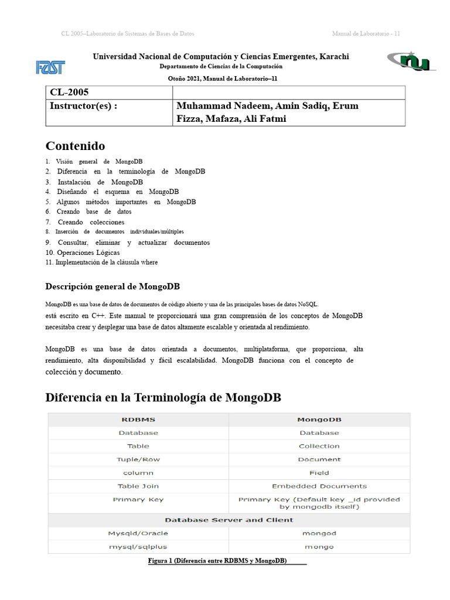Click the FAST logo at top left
(x=50, y=67)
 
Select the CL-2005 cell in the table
(x=109, y=93)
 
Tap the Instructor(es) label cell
(x=109, y=112)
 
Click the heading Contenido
(x=75, y=146)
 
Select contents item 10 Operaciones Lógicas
(x=83, y=253)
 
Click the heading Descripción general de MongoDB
(x=112, y=287)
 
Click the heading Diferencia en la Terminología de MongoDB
(x=163, y=398)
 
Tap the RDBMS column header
(x=138, y=420)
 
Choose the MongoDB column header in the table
(x=319, y=420)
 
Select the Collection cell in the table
(x=319, y=446)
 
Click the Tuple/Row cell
(x=138, y=459)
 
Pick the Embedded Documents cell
(x=319, y=486)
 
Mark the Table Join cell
(x=138, y=486)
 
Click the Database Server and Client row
(x=229, y=520)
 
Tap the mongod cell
(x=319, y=533)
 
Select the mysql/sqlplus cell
(x=138, y=547)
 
